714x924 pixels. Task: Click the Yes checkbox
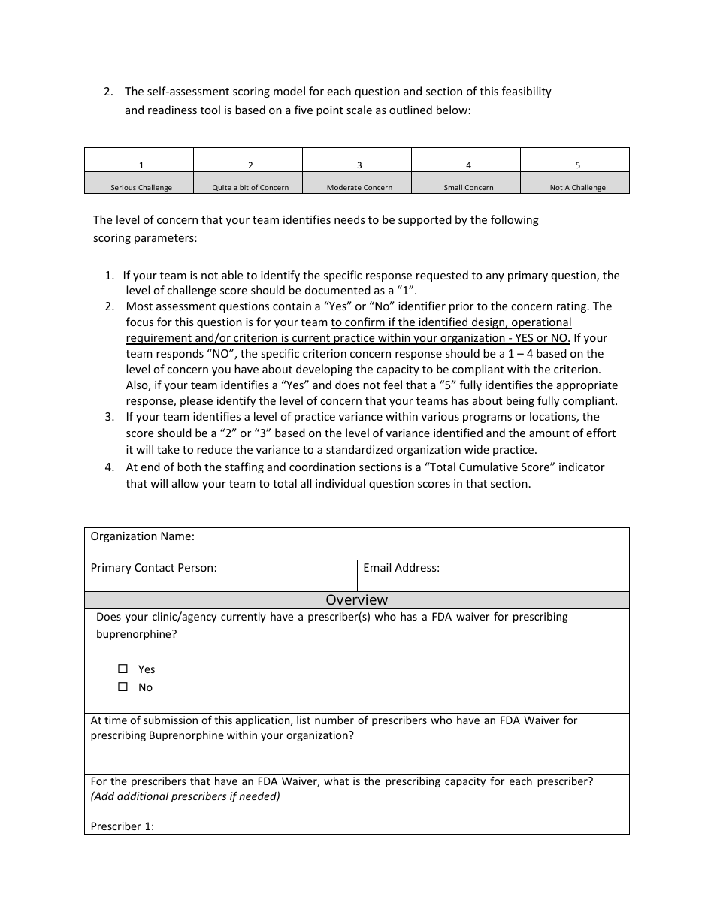click(x=123, y=669)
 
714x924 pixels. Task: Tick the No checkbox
click(x=123, y=687)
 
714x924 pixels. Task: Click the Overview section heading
click(x=356, y=599)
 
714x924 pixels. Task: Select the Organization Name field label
click(x=142, y=536)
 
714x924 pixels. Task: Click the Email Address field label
click(x=401, y=568)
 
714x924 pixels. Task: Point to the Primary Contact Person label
click(x=153, y=568)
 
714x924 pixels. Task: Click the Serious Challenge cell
click(x=141, y=187)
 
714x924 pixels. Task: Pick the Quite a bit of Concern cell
click(x=250, y=187)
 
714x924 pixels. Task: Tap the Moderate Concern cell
click(x=359, y=187)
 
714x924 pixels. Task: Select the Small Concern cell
click(x=468, y=187)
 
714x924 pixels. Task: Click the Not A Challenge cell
click(x=577, y=187)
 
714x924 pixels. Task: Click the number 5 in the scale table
click(x=577, y=165)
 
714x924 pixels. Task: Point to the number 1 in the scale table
click(x=141, y=165)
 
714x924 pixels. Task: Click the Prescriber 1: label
click(x=122, y=826)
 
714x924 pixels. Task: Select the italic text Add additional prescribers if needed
click(x=185, y=796)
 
